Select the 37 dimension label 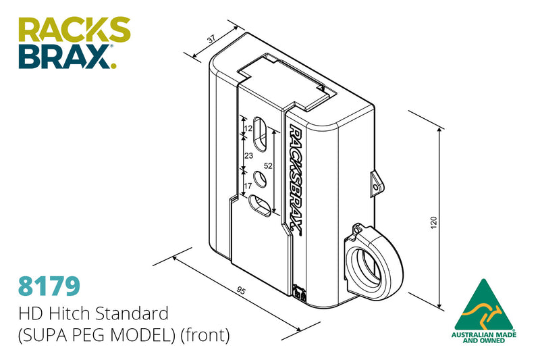[211, 40]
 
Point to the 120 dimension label [433, 222]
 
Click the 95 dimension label [240, 290]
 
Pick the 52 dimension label [267, 165]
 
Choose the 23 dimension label [248, 155]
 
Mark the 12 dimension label [248, 128]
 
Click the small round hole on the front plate [259, 180]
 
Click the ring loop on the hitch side [373, 263]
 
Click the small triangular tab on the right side [375, 182]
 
